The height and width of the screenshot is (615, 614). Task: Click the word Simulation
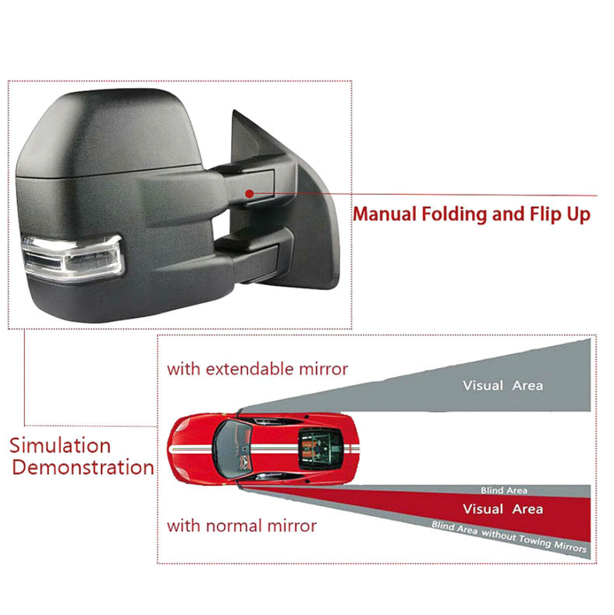coord(60,446)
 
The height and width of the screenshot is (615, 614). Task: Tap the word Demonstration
coord(83,468)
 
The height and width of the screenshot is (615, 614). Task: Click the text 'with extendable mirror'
coord(257,369)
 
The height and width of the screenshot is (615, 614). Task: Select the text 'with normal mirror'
coord(242,526)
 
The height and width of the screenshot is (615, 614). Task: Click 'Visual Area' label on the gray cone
coord(502,385)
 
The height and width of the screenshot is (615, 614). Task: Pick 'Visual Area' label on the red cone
coord(502,509)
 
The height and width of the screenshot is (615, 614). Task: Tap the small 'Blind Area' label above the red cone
coord(503,490)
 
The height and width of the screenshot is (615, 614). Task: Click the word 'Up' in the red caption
coord(577,214)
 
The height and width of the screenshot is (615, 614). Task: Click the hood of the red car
coord(193,447)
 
